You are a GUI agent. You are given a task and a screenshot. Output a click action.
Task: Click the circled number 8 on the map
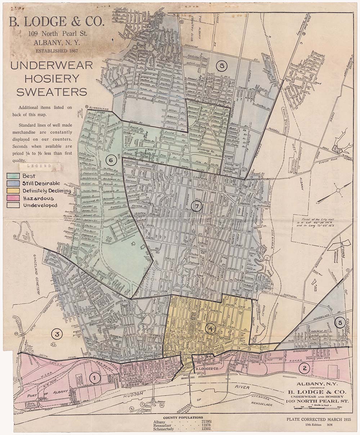coord(222,66)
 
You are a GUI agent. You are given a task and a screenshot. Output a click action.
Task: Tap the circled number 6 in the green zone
coord(111,160)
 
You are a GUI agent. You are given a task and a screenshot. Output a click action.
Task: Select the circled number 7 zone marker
coord(197,207)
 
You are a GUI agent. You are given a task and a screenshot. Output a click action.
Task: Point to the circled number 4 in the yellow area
coord(211,328)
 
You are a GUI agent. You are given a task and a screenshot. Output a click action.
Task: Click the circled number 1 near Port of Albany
coord(94,378)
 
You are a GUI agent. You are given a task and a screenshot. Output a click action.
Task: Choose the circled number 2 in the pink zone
coord(305,368)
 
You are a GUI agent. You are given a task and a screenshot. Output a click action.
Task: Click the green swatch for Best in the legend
coord(13,176)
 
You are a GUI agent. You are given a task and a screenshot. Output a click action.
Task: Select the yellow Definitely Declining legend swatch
coord(13,191)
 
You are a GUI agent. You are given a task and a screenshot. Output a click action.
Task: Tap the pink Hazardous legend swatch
coord(13,198)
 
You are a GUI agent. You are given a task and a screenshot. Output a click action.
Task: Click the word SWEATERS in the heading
coord(51,92)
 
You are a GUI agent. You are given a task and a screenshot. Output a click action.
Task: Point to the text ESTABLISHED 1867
coord(56,50)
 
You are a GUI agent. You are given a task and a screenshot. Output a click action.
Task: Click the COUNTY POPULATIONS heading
coord(183,418)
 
